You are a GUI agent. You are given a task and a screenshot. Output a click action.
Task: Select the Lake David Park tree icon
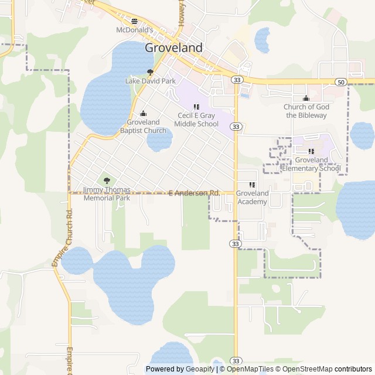151,73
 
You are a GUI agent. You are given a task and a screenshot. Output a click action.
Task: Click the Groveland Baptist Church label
143,126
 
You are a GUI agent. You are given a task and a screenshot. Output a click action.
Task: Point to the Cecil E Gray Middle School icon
196,107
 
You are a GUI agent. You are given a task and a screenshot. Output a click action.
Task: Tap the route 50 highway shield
340,81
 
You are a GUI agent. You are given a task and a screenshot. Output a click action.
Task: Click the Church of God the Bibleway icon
306,98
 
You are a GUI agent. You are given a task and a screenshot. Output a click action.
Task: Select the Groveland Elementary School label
311,164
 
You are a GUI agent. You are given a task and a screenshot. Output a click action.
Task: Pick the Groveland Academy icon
253,185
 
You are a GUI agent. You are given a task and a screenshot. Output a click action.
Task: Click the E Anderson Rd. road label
193,193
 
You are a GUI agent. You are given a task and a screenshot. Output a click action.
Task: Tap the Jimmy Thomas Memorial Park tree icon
107,181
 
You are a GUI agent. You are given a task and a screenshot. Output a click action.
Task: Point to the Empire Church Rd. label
65,238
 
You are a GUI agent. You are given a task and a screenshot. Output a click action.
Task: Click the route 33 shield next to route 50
236,79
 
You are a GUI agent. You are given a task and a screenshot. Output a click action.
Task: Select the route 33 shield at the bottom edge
236,360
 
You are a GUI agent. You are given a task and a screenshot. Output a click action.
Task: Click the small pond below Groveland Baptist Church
159,141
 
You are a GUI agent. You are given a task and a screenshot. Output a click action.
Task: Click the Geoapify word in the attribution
200,369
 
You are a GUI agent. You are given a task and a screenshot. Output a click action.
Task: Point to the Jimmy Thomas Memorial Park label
107,194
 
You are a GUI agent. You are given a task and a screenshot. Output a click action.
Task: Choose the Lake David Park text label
151,81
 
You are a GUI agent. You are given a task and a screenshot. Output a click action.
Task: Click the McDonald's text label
134,30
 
